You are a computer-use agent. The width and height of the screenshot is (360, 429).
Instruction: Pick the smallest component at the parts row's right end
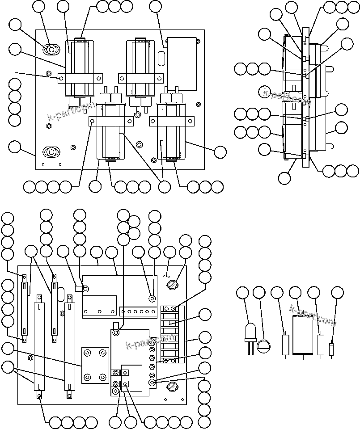331,349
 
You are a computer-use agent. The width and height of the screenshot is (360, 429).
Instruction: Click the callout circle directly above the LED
242,293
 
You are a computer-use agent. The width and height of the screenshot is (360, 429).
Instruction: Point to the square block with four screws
95,366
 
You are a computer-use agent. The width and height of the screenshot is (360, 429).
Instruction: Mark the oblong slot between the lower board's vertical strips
60,295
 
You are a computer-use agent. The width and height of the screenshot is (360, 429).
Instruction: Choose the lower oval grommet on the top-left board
51,152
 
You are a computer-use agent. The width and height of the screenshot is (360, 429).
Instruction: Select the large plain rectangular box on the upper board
181,63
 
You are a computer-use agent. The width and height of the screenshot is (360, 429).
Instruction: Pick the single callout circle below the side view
284,177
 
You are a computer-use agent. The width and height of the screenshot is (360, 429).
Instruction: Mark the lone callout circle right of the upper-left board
220,152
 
